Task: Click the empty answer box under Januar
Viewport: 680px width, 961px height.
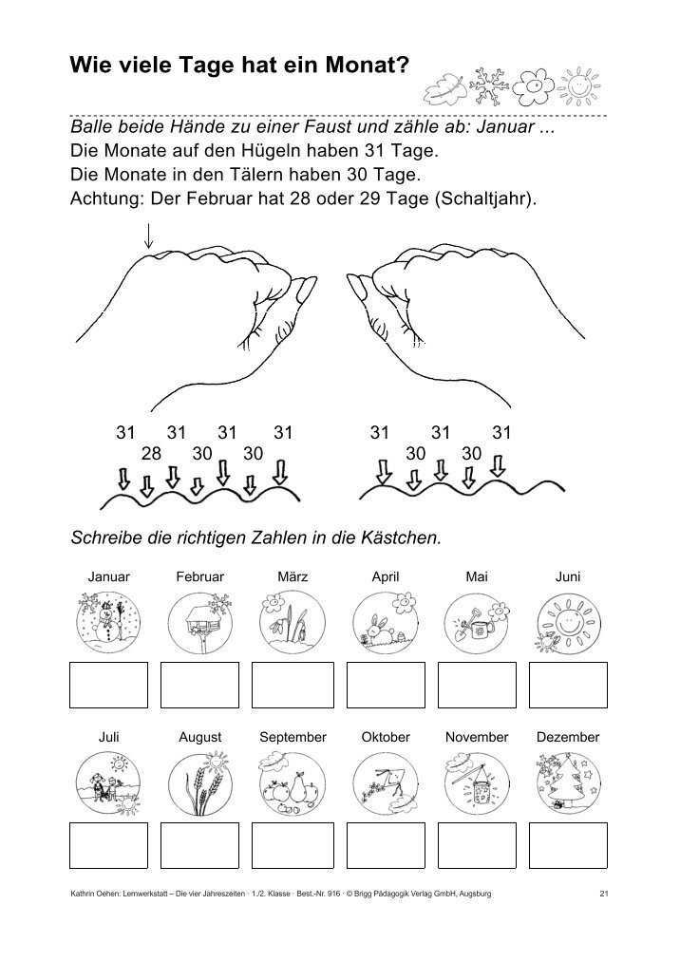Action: [108, 685]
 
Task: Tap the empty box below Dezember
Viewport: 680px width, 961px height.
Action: [568, 845]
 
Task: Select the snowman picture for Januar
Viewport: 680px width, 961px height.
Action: [108, 621]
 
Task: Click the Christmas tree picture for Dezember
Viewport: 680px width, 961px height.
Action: [568, 782]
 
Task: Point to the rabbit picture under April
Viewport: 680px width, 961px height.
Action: [385, 621]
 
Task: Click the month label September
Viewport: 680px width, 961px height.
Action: [293, 737]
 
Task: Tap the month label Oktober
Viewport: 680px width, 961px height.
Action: [386, 737]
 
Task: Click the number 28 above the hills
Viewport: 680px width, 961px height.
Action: [151, 453]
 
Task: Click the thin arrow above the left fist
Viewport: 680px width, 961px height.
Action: [148, 236]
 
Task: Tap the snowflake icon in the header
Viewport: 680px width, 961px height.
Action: [489, 85]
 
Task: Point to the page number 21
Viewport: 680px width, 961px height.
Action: [603, 894]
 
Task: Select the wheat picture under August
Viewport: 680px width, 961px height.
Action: [199, 782]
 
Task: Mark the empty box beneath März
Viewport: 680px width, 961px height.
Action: [293, 685]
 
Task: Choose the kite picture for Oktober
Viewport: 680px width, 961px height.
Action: [385, 782]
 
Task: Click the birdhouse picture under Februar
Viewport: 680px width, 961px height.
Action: [199, 622]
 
